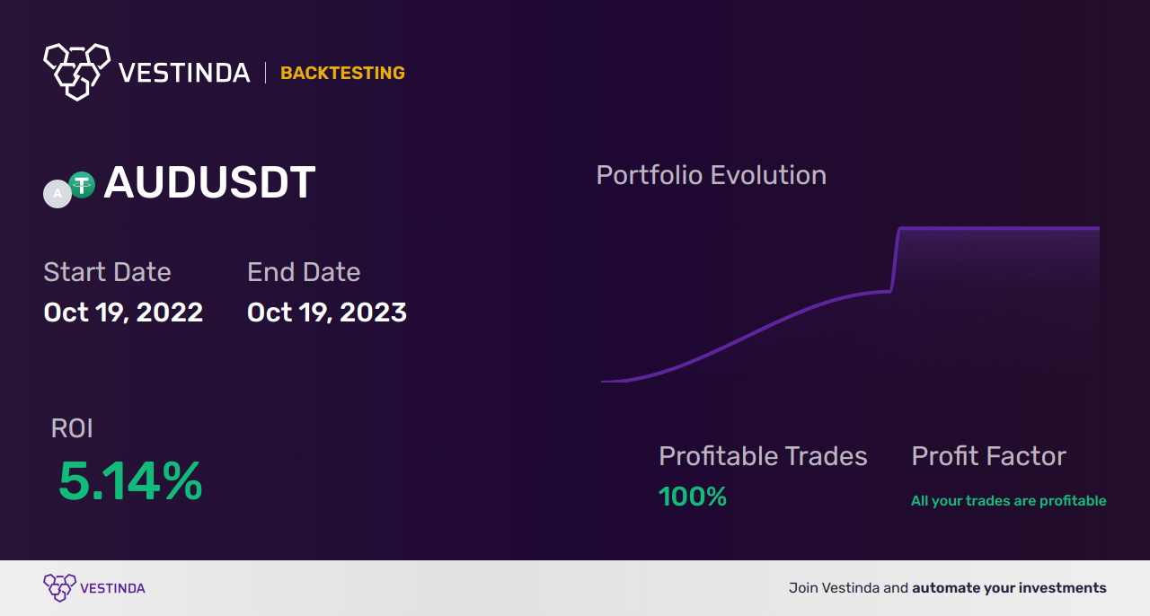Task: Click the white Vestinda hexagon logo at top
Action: [x=77, y=72]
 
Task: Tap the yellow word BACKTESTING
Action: [x=342, y=73]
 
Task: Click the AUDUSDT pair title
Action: [x=209, y=182]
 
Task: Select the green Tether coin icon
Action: [x=82, y=185]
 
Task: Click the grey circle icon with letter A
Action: [x=57, y=194]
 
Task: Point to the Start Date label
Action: [x=107, y=271]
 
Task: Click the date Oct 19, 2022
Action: [x=123, y=312]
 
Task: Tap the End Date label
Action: [x=304, y=271]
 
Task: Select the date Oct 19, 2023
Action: [x=327, y=312]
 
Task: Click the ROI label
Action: [x=72, y=428]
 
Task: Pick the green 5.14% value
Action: [x=130, y=481]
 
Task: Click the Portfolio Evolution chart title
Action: [x=711, y=175]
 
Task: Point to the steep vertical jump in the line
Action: [x=895, y=260]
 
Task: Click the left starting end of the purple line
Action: [x=602, y=382]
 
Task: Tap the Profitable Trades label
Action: [x=763, y=456]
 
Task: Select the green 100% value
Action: [x=693, y=497]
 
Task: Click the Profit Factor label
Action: [x=989, y=456]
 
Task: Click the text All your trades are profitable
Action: [x=1008, y=500]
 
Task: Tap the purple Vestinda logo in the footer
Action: [x=94, y=588]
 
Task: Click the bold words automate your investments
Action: [x=1009, y=588]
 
